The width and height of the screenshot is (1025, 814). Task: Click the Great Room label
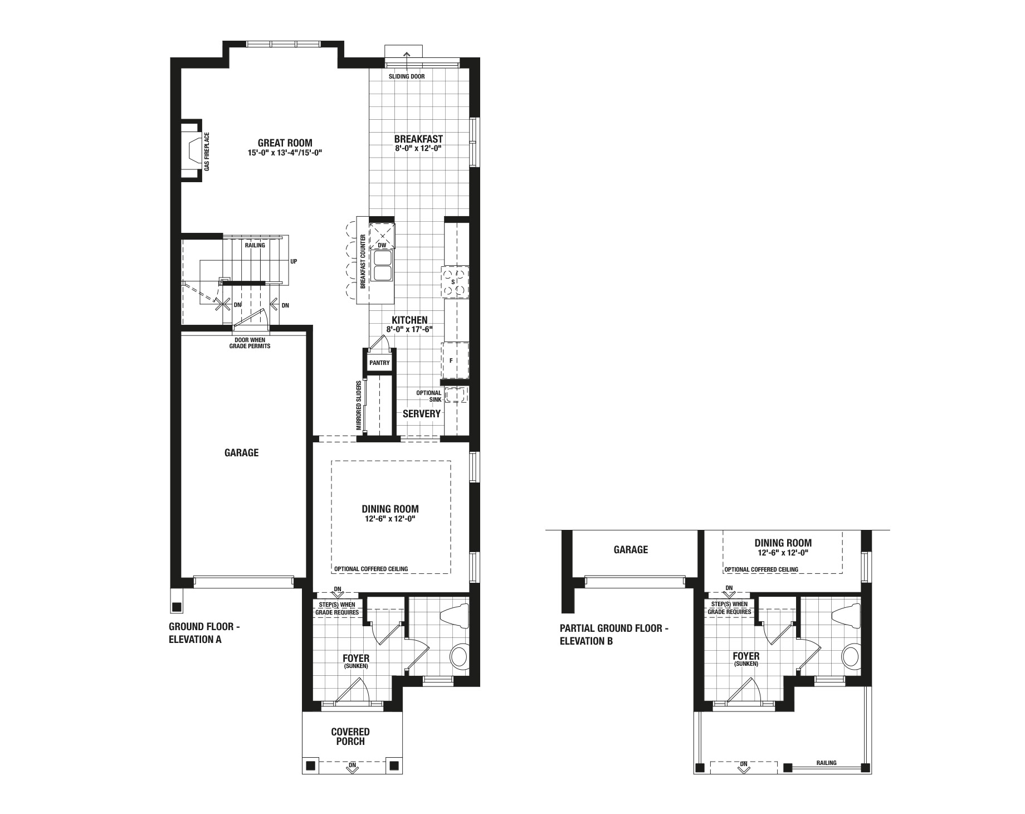pos(285,143)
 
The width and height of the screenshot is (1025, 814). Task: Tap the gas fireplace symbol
pos(192,150)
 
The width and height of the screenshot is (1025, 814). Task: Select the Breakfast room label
pos(418,139)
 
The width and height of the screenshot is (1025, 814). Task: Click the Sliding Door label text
pos(407,76)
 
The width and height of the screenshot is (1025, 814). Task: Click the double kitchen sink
pos(383,266)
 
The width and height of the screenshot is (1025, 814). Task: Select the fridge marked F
pos(455,360)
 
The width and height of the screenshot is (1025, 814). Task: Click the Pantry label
pos(379,363)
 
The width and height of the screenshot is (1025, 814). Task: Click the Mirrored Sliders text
pos(359,406)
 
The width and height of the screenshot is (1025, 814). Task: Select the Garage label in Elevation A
pos(241,452)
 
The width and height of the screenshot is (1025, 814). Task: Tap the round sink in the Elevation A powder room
pos(460,656)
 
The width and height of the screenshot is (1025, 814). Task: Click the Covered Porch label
pos(350,737)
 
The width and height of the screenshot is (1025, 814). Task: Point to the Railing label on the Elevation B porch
pos(827,763)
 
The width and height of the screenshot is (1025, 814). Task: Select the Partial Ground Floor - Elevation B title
pos(614,635)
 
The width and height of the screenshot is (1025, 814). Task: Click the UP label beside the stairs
pos(294,261)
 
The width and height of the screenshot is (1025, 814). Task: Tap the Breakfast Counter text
pos(363,261)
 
